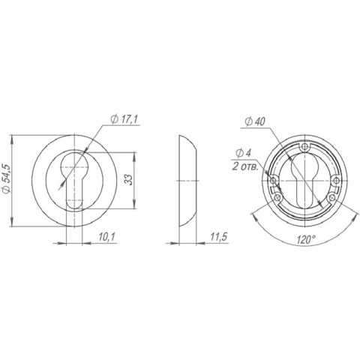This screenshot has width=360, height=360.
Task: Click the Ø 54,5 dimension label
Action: coord(7,178)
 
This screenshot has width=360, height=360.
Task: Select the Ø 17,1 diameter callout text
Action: coord(124,120)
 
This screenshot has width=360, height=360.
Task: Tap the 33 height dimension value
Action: coord(128,179)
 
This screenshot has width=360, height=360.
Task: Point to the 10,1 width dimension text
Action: coord(106,236)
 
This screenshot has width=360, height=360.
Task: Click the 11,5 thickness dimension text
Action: coord(219,236)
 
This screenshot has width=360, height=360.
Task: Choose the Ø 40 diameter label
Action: coord(255,122)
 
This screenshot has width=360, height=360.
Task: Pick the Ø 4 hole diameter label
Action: coord(243,153)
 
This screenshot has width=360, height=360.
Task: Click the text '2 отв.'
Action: coord(245,166)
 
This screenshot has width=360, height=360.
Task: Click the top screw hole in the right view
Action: coord(304,147)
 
